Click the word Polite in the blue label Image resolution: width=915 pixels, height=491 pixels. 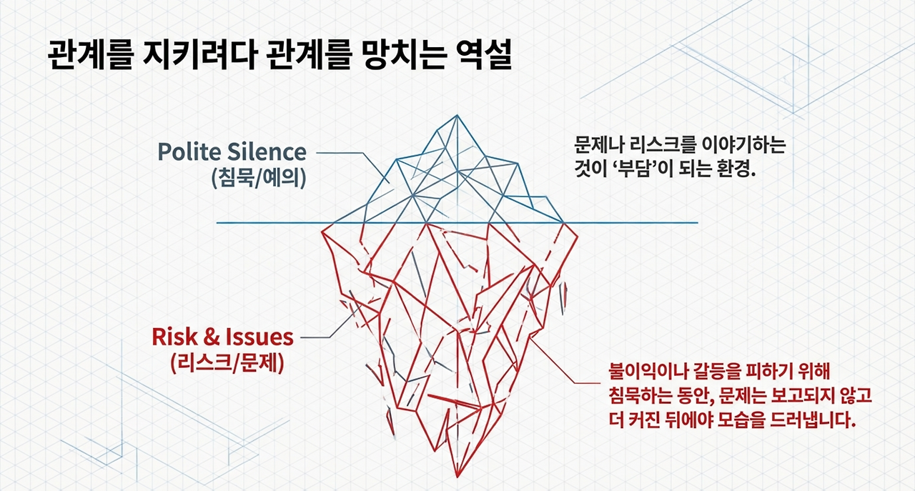pos(187,152)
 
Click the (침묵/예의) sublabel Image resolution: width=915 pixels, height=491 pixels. pos(259,177)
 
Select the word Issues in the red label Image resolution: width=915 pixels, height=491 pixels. pos(260,337)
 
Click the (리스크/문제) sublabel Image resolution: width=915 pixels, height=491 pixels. pos(228,362)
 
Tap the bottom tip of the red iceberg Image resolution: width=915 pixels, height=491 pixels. pos(455,475)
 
